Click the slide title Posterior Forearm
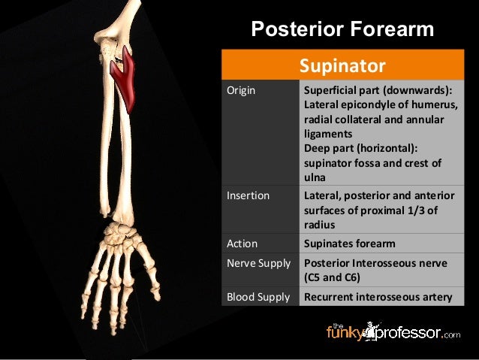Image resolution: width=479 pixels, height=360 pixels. pyautogui.click(x=342, y=29)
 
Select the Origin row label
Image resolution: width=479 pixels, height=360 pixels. pyautogui.click(x=241, y=91)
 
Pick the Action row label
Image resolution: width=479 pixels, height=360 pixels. pyautogui.click(x=242, y=244)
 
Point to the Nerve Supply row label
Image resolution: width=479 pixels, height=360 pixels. pyautogui.click(x=258, y=264)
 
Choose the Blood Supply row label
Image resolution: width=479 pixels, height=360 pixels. pyautogui.click(x=258, y=297)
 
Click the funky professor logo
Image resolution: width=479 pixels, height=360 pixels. pyautogui.click(x=393, y=331)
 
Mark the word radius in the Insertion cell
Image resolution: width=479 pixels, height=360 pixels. pyautogui.click(x=319, y=225)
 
